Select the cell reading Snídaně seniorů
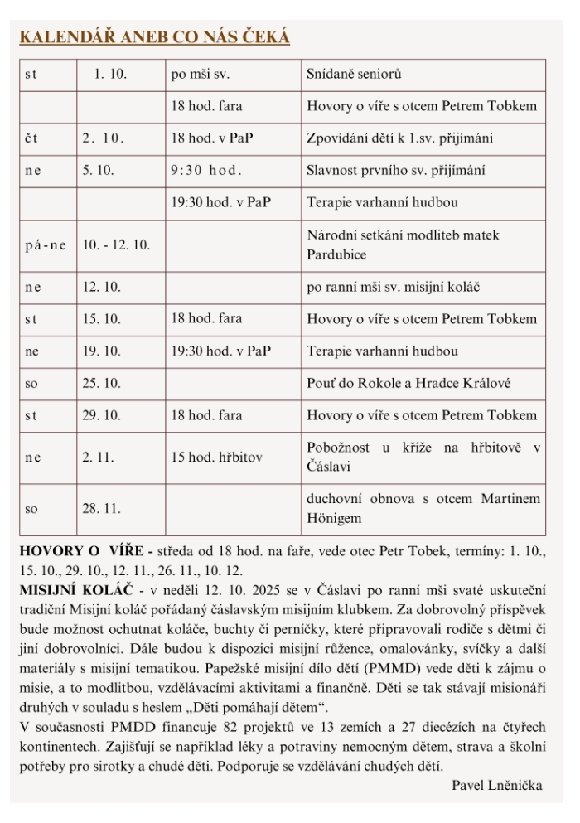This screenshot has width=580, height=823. [354, 75]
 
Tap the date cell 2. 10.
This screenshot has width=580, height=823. [103, 138]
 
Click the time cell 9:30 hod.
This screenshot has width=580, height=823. [206, 171]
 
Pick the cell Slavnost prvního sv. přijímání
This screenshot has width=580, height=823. [396, 171]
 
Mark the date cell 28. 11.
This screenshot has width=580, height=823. [96, 508]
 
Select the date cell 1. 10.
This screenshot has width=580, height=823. [109, 75]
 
